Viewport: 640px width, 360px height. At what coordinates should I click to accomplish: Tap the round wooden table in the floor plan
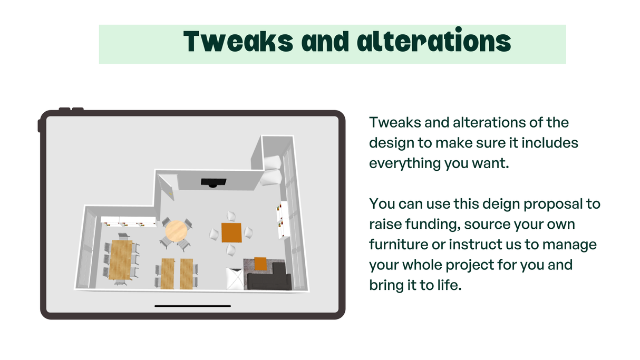click(176, 230)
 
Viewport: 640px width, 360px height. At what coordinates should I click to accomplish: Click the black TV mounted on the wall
click(214, 182)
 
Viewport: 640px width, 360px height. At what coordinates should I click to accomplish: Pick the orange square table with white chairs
click(231, 232)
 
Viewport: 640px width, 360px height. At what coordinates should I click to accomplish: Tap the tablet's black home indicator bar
click(192, 306)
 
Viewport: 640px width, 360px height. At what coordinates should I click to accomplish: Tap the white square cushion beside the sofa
click(235, 278)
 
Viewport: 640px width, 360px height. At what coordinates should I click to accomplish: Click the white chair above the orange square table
click(231, 216)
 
